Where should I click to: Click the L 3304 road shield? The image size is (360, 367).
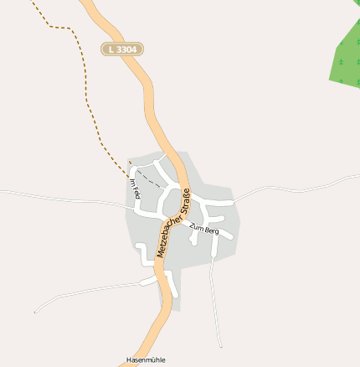[122, 49]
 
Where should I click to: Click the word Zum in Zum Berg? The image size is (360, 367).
[197, 226]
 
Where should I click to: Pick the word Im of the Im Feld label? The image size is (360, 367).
[132, 182]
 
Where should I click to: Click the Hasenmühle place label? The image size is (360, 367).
[146, 359]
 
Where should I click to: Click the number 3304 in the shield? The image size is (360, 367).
[126, 49]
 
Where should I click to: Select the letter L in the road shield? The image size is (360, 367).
[111, 49]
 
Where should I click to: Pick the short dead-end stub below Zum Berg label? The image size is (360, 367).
[194, 238]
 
